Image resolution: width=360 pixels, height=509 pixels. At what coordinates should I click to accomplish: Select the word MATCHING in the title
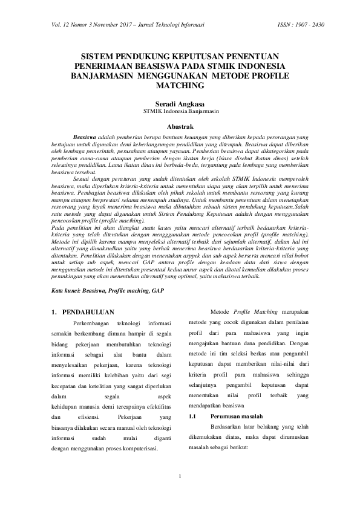(x=180, y=86)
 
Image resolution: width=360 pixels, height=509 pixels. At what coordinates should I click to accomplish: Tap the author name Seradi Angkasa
(x=180, y=104)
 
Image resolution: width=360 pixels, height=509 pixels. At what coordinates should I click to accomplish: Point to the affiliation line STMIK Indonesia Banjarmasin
(x=180, y=112)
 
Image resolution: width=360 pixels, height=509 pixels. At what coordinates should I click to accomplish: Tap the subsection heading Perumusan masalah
(x=237, y=417)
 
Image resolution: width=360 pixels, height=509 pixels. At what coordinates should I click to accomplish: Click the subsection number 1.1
(x=194, y=417)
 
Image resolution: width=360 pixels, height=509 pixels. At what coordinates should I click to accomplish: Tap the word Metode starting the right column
(x=220, y=312)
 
